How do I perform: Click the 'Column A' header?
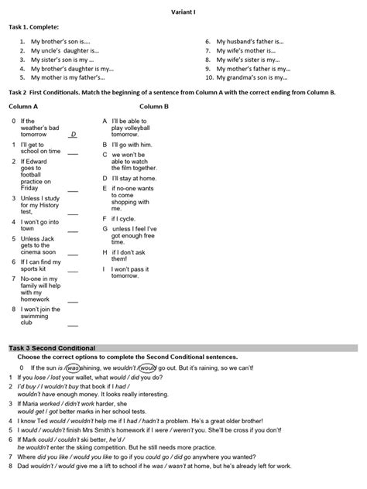click(x=23, y=106)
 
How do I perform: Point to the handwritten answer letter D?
click(x=74, y=135)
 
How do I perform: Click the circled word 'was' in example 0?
click(x=74, y=368)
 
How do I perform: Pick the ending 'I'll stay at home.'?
click(x=133, y=177)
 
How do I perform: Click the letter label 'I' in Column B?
click(x=104, y=268)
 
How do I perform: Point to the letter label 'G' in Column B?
click(x=105, y=229)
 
